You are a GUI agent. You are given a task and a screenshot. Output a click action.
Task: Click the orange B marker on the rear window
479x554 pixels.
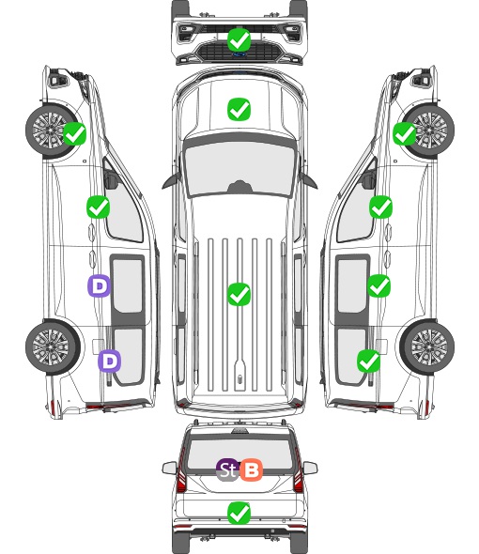251,469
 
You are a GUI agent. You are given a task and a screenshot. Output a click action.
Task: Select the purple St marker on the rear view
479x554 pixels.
227,469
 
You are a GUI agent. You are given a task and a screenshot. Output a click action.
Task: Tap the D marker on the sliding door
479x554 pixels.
99,285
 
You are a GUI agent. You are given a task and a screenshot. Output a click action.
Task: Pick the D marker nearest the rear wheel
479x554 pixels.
110,361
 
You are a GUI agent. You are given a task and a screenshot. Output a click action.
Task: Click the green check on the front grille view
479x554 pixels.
239,39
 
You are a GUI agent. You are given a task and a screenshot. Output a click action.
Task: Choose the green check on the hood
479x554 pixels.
239,109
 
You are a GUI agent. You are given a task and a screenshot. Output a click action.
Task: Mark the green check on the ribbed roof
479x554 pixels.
239,294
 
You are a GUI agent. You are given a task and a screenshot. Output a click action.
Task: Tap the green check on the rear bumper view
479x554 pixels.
239,513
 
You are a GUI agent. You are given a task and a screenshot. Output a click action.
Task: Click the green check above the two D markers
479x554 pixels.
99,207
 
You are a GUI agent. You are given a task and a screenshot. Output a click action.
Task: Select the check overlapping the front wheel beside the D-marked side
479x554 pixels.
74,133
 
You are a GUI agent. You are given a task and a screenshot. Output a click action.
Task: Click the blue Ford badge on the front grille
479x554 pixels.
239,54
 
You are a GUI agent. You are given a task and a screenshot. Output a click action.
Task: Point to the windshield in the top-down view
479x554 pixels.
239,168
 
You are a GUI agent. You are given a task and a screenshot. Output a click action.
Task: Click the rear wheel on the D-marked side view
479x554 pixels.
53,346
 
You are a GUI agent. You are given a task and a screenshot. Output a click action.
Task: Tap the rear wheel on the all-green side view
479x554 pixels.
427,346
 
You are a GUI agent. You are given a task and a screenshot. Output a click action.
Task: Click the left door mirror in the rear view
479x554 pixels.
170,469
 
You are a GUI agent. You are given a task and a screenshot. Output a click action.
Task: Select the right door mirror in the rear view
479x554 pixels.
310,469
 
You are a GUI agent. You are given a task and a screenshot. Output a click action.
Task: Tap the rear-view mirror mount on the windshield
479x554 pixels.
239,187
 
